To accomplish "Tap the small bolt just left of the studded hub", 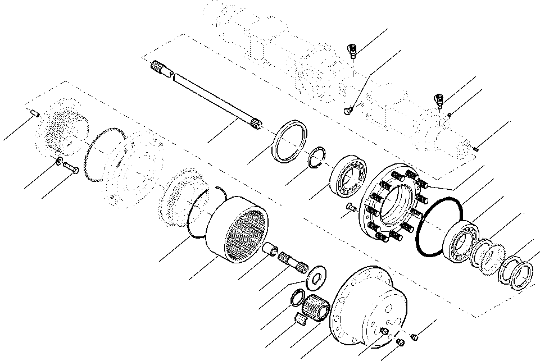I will coord(351,208).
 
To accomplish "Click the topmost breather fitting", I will coord(353,51).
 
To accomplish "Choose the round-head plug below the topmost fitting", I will coord(348,111).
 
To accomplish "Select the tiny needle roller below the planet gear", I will coord(301,319).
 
